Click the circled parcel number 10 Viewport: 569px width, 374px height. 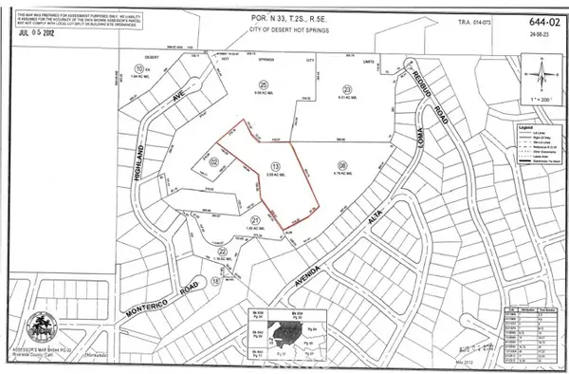(x=139, y=69)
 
